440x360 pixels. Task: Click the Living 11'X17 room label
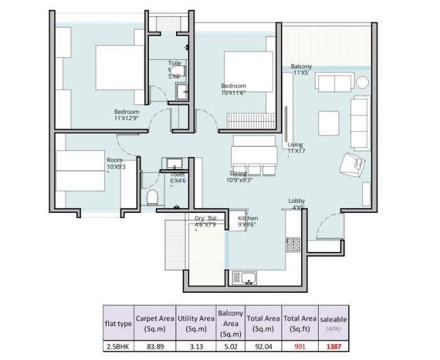point(295,148)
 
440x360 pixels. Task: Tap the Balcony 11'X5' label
point(301,70)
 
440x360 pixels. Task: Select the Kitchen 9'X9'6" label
point(248,221)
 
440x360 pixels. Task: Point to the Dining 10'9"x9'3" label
point(239,177)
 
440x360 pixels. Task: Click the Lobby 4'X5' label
point(297,204)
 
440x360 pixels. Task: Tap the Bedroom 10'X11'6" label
point(233,89)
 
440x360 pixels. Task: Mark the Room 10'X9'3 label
point(116,163)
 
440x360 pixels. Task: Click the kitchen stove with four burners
point(294,244)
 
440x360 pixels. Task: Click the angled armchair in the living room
point(350,165)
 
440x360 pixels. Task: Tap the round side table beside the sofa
point(363,82)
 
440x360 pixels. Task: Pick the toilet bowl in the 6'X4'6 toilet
point(151,199)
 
